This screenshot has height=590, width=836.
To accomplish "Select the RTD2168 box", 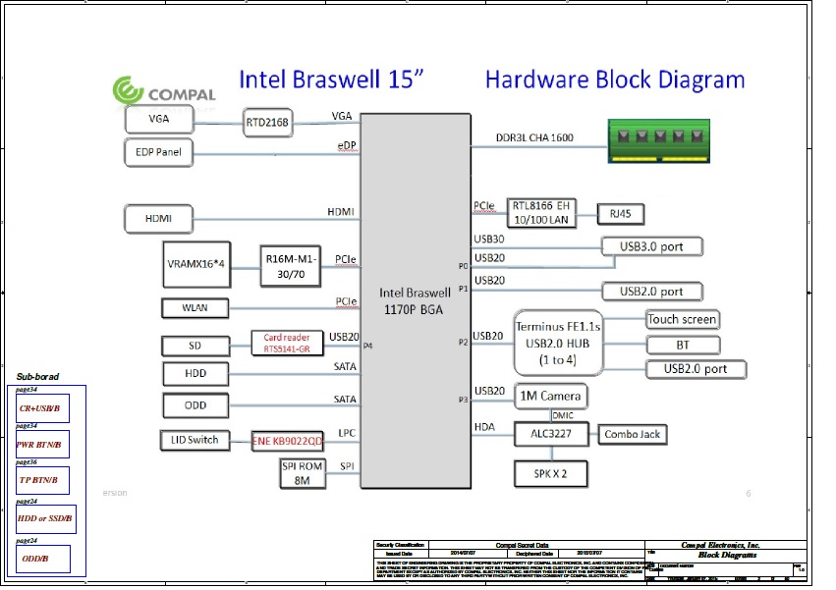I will click(x=269, y=123).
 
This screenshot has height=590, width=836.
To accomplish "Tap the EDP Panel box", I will click(x=159, y=152).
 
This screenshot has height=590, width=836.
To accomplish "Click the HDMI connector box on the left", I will click(x=160, y=217).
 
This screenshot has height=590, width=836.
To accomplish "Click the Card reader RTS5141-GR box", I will click(x=287, y=344).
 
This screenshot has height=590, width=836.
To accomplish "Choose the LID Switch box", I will click(x=195, y=440).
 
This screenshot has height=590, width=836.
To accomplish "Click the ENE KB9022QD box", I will click(x=287, y=441).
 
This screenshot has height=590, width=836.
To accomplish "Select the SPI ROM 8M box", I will click(x=304, y=473).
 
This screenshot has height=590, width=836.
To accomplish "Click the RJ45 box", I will click(x=621, y=213).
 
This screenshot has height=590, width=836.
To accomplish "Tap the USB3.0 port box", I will click(x=650, y=246).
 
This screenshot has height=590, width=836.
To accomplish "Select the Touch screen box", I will click(x=682, y=319).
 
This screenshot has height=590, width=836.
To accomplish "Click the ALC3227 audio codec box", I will click(x=552, y=433).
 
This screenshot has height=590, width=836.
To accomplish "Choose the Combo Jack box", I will click(x=634, y=434).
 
